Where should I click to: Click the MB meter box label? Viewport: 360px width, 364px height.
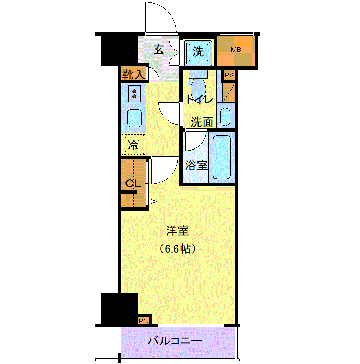tap(236, 49)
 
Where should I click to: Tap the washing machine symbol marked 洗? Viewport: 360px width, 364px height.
tap(199, 52)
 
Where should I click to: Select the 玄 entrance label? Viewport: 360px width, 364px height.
tap(159, 49)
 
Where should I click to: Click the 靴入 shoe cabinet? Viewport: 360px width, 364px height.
tap(134, 74)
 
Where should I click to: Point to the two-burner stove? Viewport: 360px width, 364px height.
tap(134, 94)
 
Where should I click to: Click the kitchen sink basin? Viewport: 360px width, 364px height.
tap(134, 118)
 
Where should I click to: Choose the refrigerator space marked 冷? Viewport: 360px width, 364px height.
tap(133, 145)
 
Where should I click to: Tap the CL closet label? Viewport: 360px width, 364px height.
tap(133, 184)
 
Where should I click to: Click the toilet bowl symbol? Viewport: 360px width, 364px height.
tap(199, 87)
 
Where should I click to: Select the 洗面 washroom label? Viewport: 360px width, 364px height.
tap(202, 122)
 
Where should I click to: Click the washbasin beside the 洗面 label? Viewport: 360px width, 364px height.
tap(225, 116)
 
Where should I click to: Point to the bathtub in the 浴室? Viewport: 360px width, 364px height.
tap(222, 157)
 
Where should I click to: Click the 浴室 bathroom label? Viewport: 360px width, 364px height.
tap(196, 165)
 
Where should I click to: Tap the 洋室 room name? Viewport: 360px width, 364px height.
tap(177, 231)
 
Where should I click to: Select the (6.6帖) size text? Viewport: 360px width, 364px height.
tap(177, 249)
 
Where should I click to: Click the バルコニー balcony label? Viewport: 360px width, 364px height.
tap(175, 341)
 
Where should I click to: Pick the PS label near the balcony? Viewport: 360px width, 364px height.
tap(143, 321)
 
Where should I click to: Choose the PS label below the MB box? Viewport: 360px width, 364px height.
tap(229, 75)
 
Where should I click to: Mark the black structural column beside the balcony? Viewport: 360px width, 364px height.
tap(119, 309)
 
